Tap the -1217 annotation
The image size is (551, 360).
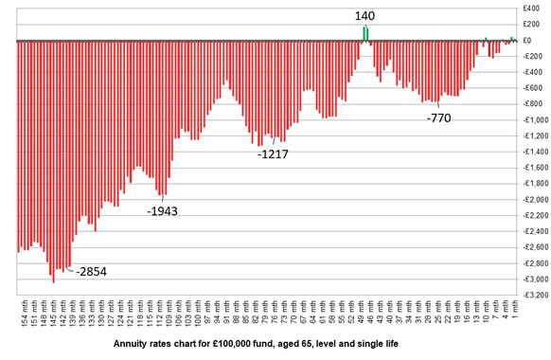pos(273,153)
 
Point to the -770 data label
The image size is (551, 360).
pos(439,118)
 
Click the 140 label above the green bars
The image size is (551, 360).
pos(365,16)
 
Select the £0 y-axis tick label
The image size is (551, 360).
pos(535,41)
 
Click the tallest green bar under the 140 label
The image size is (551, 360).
pos(364,33)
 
